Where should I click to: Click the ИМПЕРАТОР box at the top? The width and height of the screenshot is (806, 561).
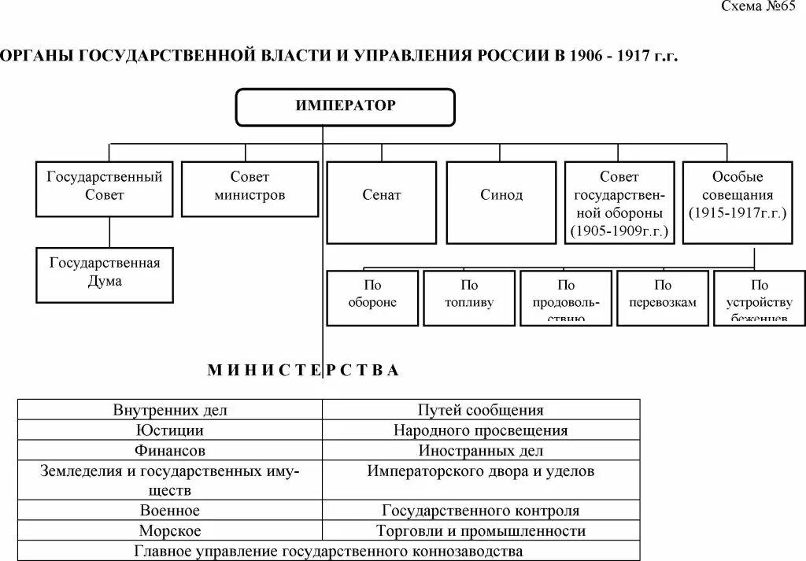[x=346, y=107]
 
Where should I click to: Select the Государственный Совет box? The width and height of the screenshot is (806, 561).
[x=105, y=189]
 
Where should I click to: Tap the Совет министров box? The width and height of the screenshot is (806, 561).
[x=250, y=189]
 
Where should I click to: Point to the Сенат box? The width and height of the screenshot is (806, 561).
[x=382, y=202]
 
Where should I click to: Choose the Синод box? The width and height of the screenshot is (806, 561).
[x=501, y=202]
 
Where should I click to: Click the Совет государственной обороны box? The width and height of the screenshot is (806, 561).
[x=619, y=202]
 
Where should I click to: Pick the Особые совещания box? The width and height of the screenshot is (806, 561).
[x=738, y=202]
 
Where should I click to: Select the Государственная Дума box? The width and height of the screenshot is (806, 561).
[x=105, y=275]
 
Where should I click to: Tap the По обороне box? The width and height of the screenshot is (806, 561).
[x=372, y=297]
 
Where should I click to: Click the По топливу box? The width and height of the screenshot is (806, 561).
[x=469, y=297]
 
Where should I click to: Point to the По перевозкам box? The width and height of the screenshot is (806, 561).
[x=663, y=297]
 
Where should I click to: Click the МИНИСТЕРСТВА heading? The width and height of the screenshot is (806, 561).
[x=304, y=371]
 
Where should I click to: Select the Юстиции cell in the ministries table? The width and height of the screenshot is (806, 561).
[x=170, y=430]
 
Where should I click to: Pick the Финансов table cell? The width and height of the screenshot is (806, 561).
[x=170, y=451]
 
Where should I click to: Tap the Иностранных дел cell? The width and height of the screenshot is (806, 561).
[x=480, y=451]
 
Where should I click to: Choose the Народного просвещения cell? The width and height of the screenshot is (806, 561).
[x=480, y=430]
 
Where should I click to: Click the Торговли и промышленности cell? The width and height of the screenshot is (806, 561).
[x=480, y=531]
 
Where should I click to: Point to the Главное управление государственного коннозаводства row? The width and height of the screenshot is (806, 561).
[x=328, y=551]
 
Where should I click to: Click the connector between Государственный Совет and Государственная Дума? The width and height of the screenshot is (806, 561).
[x=109, y=232]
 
